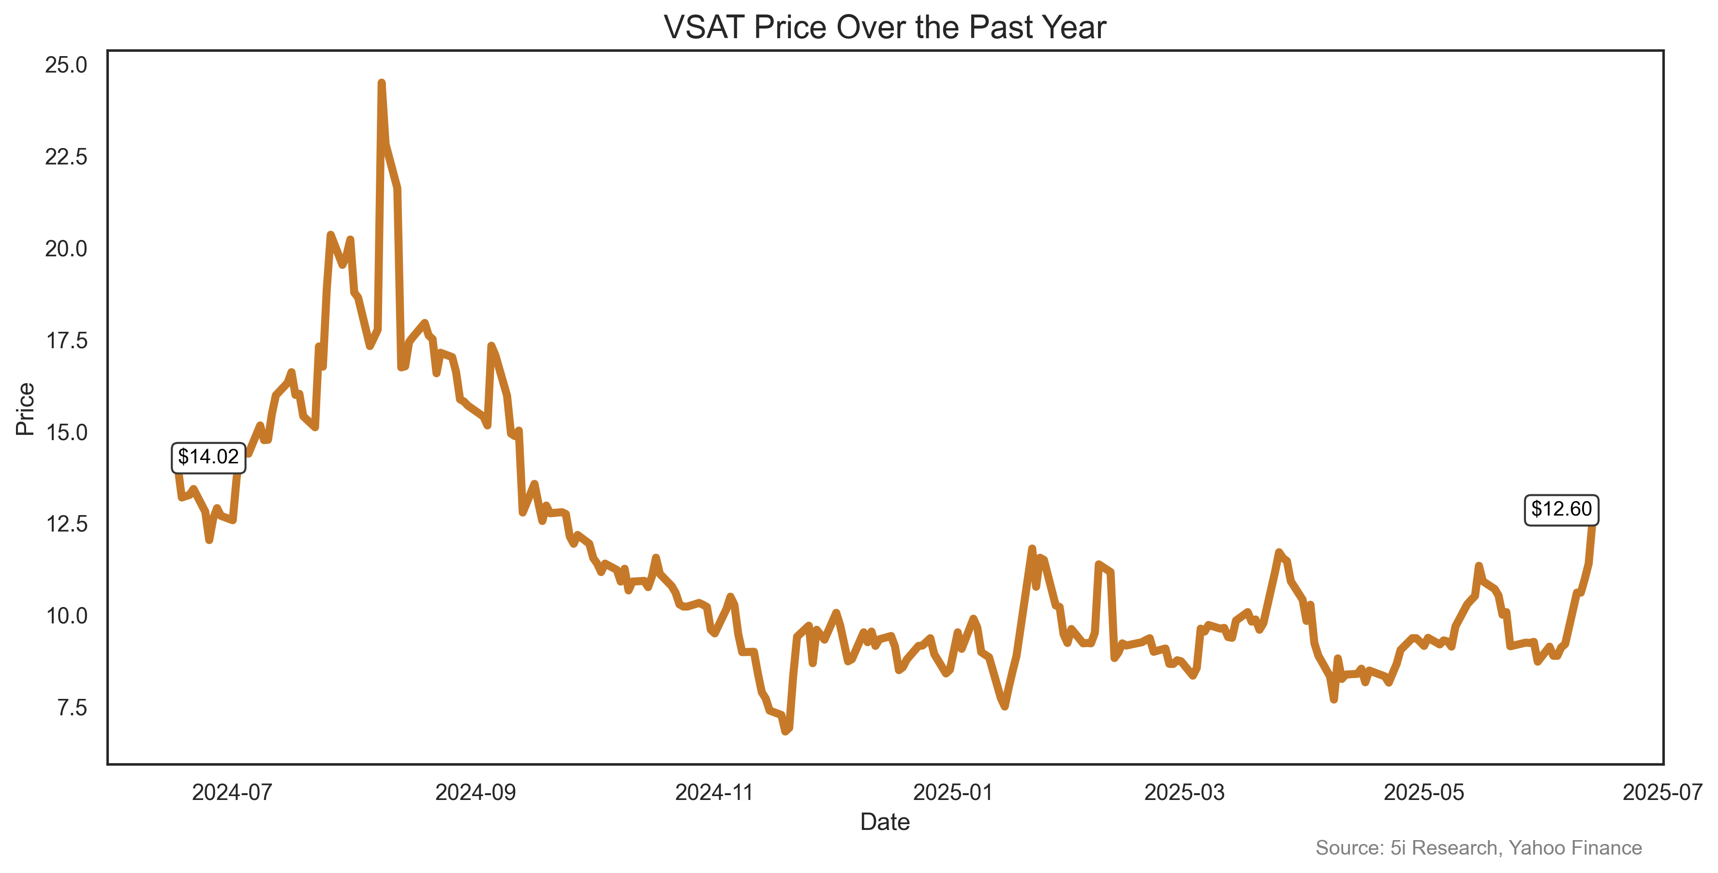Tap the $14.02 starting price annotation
[x=208, y=457]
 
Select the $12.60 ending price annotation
[x=1561, y=509]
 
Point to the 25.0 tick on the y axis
[x=66, y=65]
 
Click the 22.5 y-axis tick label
[x=66, y=157]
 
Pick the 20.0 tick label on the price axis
[x=66, y=249]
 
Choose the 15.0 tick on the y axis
[x=66, y=432]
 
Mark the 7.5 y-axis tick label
[x=72, y=708]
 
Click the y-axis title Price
[x=25, y=409]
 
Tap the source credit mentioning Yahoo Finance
[x=1478, y=848]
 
